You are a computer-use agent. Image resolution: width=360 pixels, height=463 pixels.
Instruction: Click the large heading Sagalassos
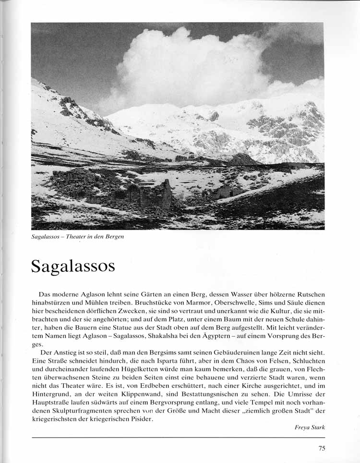pos(73,266)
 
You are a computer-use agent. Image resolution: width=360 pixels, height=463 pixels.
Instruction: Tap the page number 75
pos(322,449)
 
